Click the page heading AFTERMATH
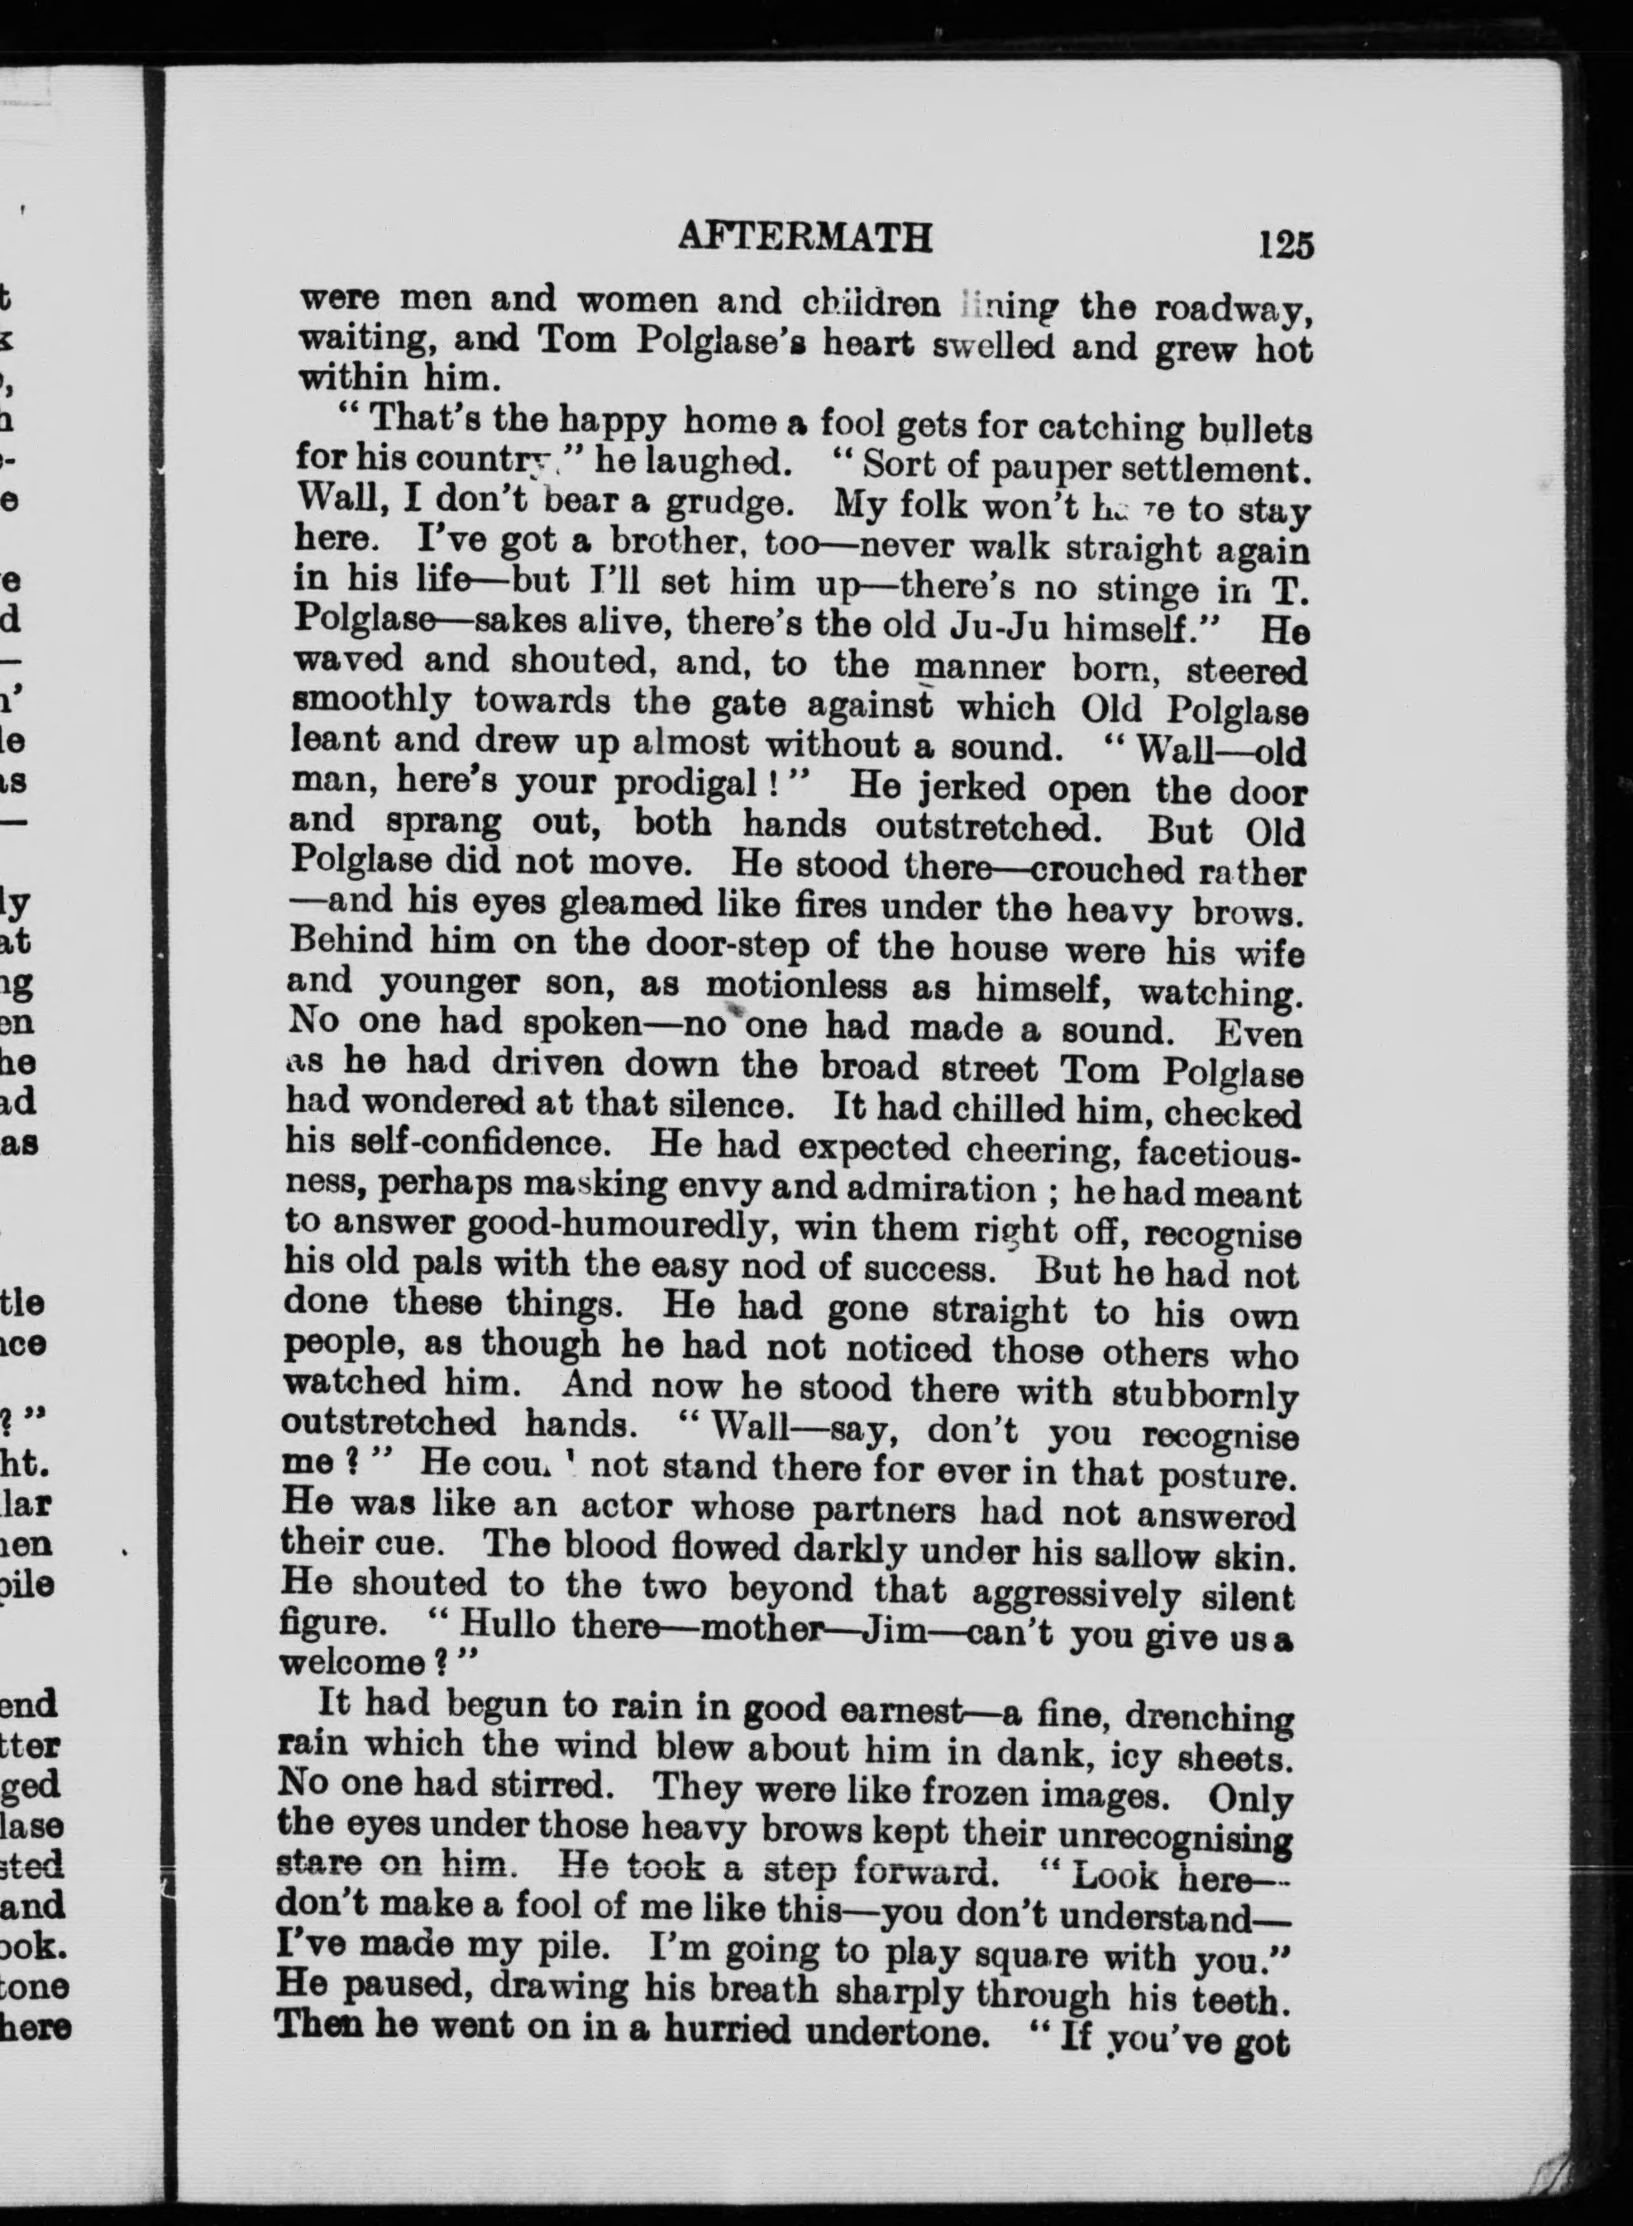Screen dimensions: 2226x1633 pos(805,237)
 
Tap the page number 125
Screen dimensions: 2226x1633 pos(1286,243)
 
